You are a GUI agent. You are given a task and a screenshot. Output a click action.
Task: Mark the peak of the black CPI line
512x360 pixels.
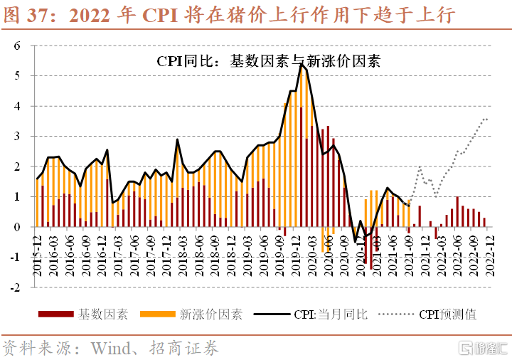pyautogui.click(x=302, y=64)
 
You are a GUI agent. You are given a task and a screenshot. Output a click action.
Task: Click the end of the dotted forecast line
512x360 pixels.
pyautogui.click(x=488, y=119)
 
